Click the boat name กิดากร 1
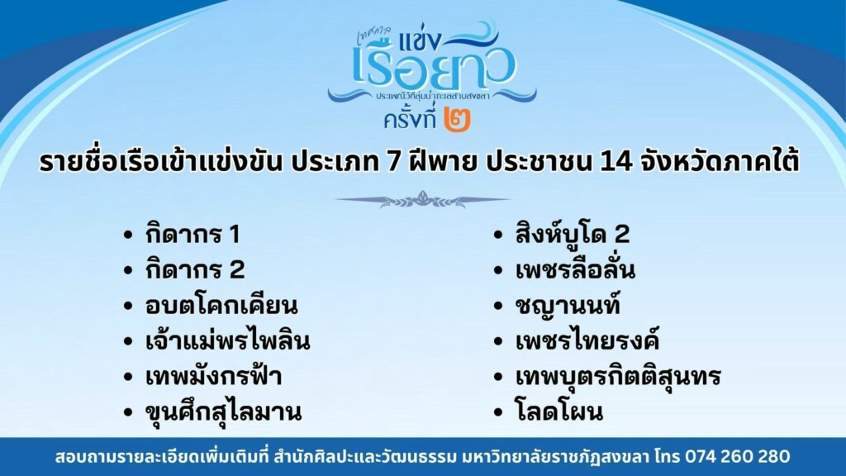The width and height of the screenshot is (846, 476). pyautogui.click(x=192, y=234)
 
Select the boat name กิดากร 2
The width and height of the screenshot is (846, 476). pyautogui.click(x=195, y=270)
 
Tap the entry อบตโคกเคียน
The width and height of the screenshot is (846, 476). pyautogui.click(x=221, y=306)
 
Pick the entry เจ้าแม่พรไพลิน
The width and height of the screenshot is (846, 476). pyautogui.click(x=228, y=340)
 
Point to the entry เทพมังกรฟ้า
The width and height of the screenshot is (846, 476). pyautogui.click(x=214, y=376)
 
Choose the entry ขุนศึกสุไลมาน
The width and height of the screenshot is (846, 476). pyautogui.click(x=223, y=412)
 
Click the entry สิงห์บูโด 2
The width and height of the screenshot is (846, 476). pyautogui.click(x=573, y=233)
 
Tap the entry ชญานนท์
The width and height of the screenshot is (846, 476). pyautogui.click(x=568, y=304)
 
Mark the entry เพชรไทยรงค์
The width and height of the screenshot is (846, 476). pyautogui.click(x=587, y=340)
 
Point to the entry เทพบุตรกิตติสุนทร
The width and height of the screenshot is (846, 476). pyautogui.click(x=618, y=376)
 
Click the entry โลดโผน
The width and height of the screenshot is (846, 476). pyautogui.click(x=559, y=412)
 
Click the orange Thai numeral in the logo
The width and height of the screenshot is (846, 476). pyautogui.click(x=457, y=119)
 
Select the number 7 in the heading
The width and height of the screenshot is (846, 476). pyautogui.click(x=393, y=163)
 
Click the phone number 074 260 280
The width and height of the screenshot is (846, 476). pyautogui.click(x=738, y=456)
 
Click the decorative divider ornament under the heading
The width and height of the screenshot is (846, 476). pyautogui.click(x=422, y=200)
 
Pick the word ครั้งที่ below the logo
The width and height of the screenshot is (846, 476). pyautogui.click(x=410, y=119)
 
